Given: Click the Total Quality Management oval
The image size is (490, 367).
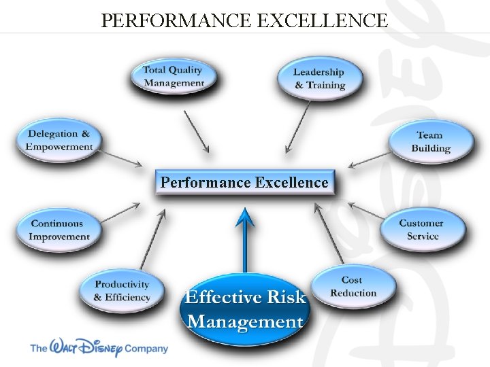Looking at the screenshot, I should [174, 76].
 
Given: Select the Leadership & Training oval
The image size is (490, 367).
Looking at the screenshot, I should [319, 78].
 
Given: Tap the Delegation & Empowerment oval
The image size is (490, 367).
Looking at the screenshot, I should [59, 141].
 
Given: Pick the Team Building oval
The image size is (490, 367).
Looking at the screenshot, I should [431, 141].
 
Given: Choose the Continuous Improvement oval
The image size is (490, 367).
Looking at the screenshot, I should [60, 230].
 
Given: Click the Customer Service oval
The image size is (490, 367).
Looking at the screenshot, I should [421, 229].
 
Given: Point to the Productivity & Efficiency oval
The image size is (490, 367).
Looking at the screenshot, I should [122, 291].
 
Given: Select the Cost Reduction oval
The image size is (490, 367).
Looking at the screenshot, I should [353, 286].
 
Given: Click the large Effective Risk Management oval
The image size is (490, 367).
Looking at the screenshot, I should [245, 309].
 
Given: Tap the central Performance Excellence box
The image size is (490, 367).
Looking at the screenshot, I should [244, 182].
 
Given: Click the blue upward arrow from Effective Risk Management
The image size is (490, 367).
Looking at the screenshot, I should [245, 238].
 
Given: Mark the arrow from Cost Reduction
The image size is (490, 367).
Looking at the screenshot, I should [329, 234].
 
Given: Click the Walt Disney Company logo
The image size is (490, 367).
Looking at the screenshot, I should [99, 348].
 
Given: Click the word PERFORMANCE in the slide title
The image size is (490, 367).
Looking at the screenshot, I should [176, 20].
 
